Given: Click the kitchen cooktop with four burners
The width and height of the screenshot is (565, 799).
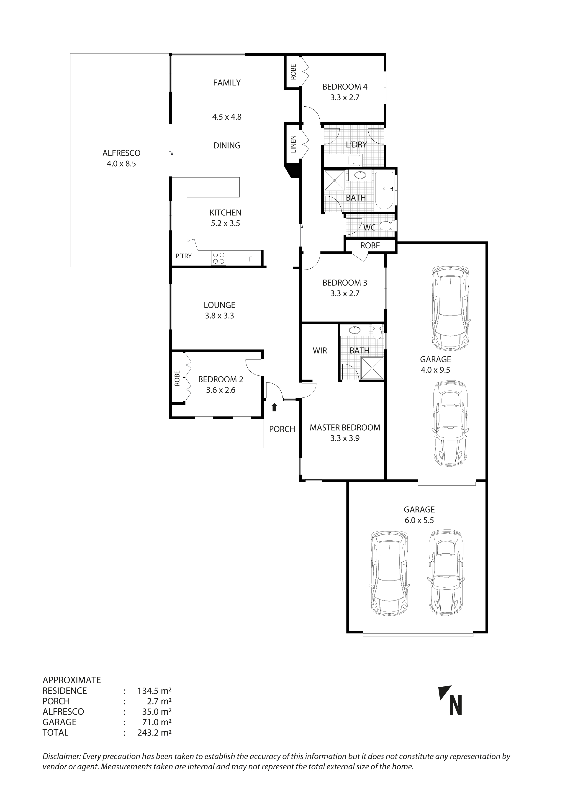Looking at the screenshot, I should coord(218,258).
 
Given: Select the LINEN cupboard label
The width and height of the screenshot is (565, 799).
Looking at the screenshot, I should coord(293,144).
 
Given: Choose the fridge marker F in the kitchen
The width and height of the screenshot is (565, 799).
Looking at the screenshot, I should coord(251,259).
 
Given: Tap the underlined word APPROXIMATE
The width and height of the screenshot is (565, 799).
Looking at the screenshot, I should coord(72,680).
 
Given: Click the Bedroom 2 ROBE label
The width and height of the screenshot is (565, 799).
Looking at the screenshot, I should coord(177,378).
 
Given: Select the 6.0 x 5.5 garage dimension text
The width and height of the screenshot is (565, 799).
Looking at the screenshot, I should coord(419,520).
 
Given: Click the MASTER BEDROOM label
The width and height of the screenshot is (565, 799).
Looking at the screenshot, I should coord(345,427).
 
